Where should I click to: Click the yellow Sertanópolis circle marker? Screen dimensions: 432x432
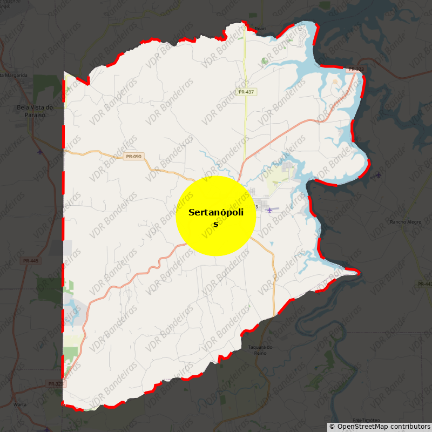(x=215, y=215)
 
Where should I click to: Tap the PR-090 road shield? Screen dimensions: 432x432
(x=133, y=157)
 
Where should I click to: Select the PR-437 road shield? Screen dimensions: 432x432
(x=246, y=92)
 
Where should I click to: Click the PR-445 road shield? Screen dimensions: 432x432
(x=31, y=261)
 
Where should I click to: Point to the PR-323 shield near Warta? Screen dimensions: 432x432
(x=56, y=384)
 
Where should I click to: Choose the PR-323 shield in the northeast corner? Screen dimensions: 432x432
(x=356, y=69)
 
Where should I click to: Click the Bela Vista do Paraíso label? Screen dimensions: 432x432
(x=35, y=110)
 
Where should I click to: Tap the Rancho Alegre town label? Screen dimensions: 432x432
(x=405, y=221)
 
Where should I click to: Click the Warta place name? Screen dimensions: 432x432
(x=20, y=404)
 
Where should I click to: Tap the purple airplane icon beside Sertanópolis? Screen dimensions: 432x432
(x=269, y=210)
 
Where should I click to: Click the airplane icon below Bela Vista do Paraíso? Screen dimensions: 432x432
(x=40, y=151)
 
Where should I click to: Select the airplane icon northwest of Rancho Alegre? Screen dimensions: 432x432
(x=377, y=174)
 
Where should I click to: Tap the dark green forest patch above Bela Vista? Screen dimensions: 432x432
(x=48, y=84)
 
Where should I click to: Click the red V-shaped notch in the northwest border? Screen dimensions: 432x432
(x=87, y=83)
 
